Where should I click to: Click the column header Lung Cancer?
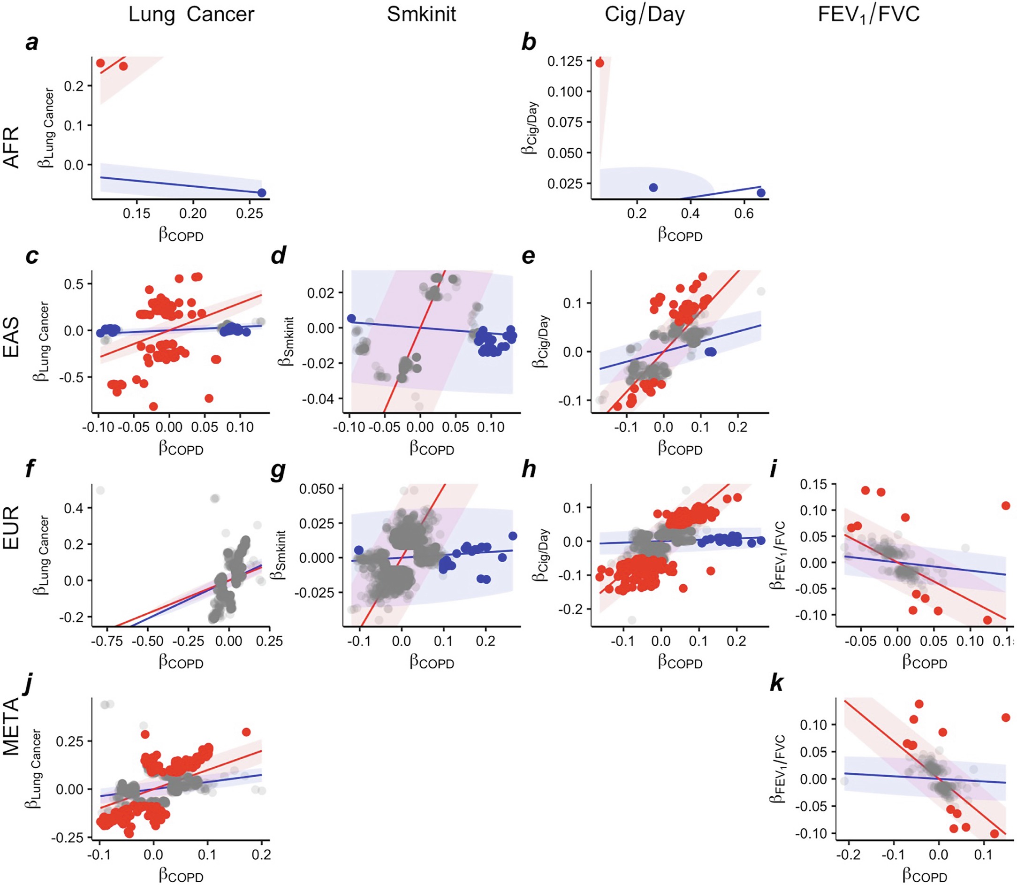(191, 15)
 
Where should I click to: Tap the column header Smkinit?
(421, 15)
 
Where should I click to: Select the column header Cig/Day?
(644, 15)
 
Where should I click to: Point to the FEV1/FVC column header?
(868, 15)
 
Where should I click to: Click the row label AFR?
(11, 147)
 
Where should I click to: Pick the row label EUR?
(11, 527)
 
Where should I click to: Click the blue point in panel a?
(262, 192)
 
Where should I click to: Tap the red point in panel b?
(600, 63)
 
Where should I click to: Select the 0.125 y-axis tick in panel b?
(565, 61)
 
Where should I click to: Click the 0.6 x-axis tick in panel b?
(744, 214)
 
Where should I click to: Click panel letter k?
(776, 684)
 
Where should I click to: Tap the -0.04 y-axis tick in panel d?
(321, 398)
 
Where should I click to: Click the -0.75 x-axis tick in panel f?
(107, 641)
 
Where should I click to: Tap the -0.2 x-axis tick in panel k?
(848, 855)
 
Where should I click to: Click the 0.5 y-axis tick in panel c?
(75, 284)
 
